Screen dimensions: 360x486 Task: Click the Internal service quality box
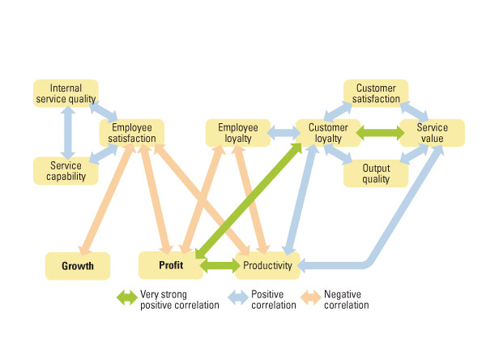click(66, 93)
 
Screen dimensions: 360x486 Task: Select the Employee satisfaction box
click(132, 133)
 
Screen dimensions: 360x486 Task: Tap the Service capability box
click(66, 170)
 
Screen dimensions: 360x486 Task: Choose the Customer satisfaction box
click(376, 93)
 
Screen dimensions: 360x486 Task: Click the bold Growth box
click(78, 265)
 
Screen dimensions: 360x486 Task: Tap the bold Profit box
click(170, 264)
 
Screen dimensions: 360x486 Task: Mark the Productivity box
click(268, 265)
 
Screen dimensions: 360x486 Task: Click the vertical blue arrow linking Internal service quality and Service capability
click(66, 132)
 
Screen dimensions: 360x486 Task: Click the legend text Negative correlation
click(346, 300)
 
